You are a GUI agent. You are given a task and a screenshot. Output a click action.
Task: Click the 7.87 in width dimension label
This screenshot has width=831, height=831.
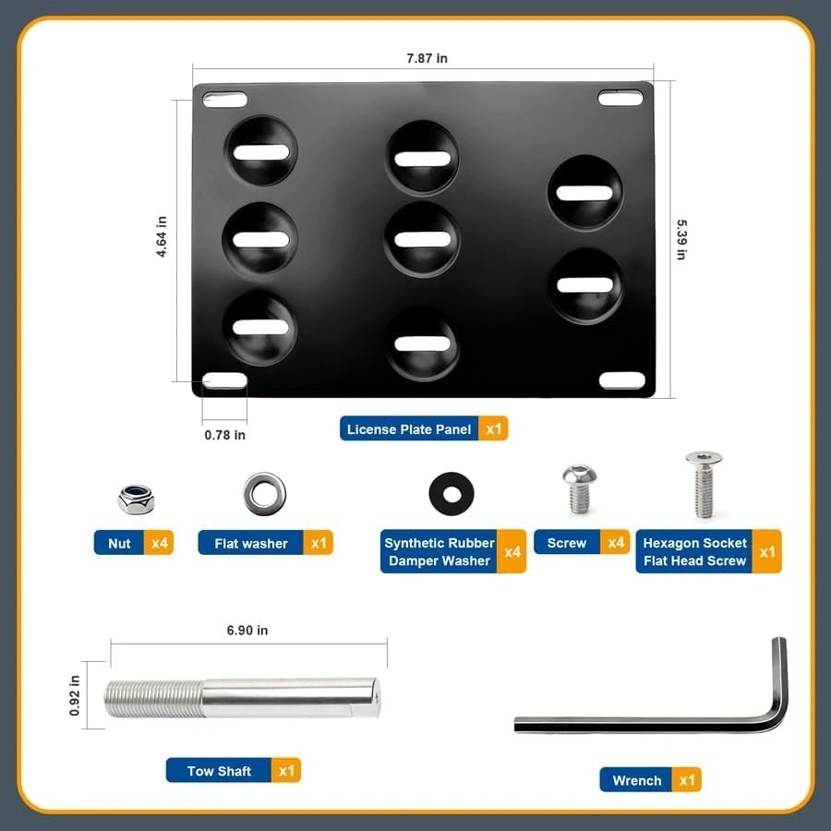427,58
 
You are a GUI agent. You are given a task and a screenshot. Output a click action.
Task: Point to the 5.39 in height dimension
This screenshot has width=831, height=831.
681,239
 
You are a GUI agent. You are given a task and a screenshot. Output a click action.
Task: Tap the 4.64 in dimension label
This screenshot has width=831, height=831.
161,236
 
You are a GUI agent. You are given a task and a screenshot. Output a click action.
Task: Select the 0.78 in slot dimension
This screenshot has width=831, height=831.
224,435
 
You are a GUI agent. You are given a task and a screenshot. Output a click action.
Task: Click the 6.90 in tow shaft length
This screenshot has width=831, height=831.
247,630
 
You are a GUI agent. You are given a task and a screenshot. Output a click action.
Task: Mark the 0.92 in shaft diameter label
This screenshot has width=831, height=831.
74,695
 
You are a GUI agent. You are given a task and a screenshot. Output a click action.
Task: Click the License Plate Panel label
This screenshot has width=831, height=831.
409,429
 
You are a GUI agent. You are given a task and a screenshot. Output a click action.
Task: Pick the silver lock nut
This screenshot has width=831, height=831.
137,499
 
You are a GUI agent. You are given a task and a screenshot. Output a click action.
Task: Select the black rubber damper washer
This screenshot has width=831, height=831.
452,493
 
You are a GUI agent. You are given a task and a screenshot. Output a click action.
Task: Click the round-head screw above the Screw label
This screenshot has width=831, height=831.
580,488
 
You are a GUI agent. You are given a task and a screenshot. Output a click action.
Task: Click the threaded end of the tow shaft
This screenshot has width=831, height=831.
153,700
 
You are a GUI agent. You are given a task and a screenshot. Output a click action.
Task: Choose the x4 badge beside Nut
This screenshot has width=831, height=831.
159,543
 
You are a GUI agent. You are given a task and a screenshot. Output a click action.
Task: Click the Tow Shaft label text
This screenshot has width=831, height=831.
219,771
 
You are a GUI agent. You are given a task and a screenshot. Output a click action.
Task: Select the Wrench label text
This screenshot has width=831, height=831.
636,780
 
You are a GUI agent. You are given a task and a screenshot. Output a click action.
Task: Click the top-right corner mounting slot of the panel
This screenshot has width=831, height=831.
620,98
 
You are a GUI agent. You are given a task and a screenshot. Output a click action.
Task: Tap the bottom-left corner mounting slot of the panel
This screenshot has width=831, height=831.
224,380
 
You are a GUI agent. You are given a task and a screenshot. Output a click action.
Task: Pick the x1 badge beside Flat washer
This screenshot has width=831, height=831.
319,543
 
